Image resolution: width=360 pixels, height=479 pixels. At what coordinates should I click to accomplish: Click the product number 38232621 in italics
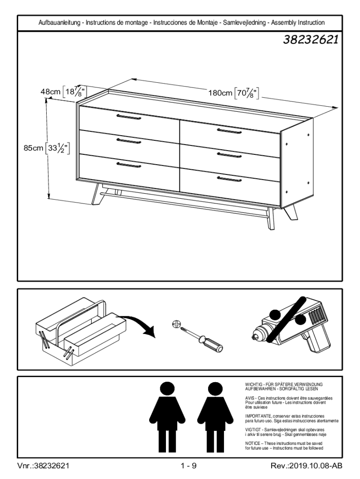(311, 40)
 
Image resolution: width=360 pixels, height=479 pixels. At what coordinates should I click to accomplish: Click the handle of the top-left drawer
(129, 117)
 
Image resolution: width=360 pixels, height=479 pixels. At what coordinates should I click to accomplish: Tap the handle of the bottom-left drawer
(129, 164)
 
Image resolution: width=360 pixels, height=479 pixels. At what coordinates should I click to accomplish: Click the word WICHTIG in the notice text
(253, 384)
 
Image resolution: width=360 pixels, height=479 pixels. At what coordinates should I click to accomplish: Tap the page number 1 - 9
(188, 465)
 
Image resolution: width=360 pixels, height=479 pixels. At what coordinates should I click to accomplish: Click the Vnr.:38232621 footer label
(44, 465)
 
